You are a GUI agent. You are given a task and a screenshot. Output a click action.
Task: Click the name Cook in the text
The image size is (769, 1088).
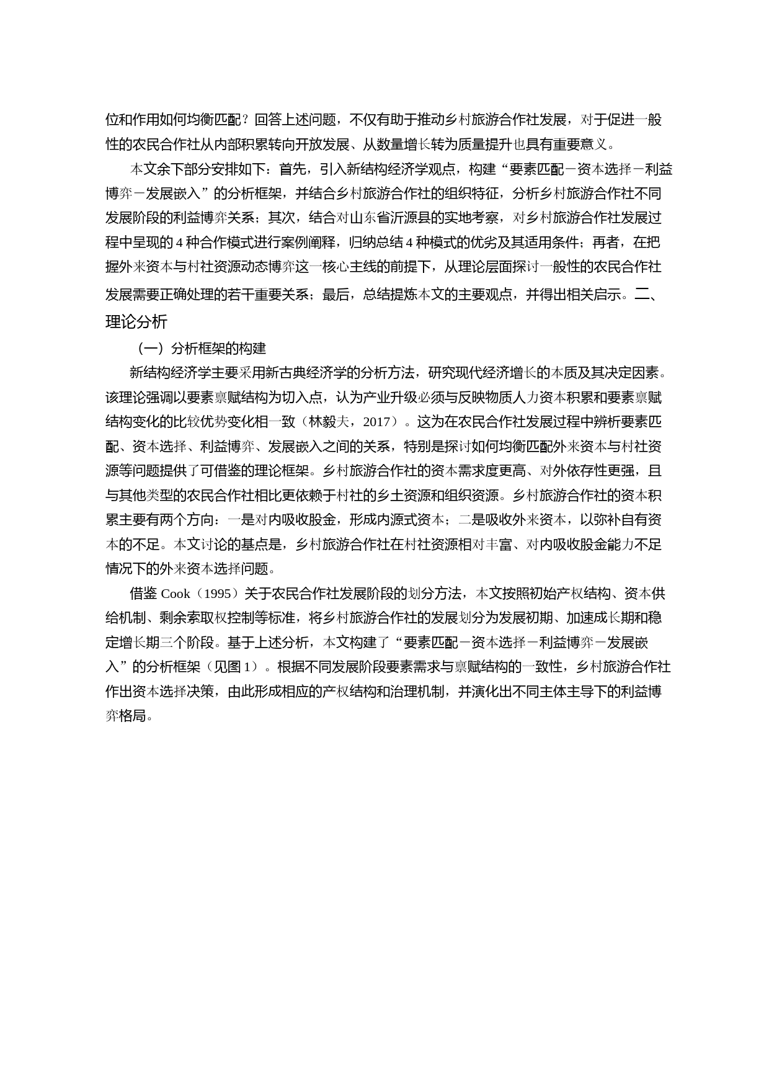[176, 594]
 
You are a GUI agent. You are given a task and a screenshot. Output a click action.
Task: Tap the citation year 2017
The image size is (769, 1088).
[376, 422]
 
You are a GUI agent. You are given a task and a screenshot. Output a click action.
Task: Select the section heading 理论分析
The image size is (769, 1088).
[136, 322]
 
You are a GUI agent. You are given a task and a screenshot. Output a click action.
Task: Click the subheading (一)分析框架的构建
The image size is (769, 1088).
[202, 348]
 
